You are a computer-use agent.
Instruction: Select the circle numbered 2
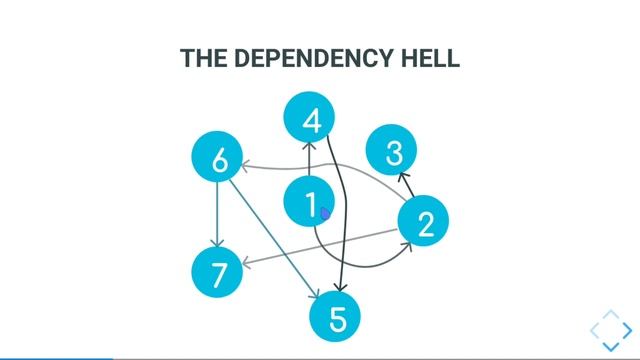[424, 223]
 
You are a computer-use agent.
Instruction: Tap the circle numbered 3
[394, 152]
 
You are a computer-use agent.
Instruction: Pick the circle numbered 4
[311, 120]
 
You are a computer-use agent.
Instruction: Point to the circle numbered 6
[218, 159]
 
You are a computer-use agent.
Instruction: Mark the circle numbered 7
[217, 272]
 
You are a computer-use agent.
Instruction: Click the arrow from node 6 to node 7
[218, 215]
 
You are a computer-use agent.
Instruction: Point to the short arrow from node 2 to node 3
[406, 184]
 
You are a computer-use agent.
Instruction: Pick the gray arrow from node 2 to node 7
[320, 248]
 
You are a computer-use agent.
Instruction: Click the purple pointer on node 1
[325, 212]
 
